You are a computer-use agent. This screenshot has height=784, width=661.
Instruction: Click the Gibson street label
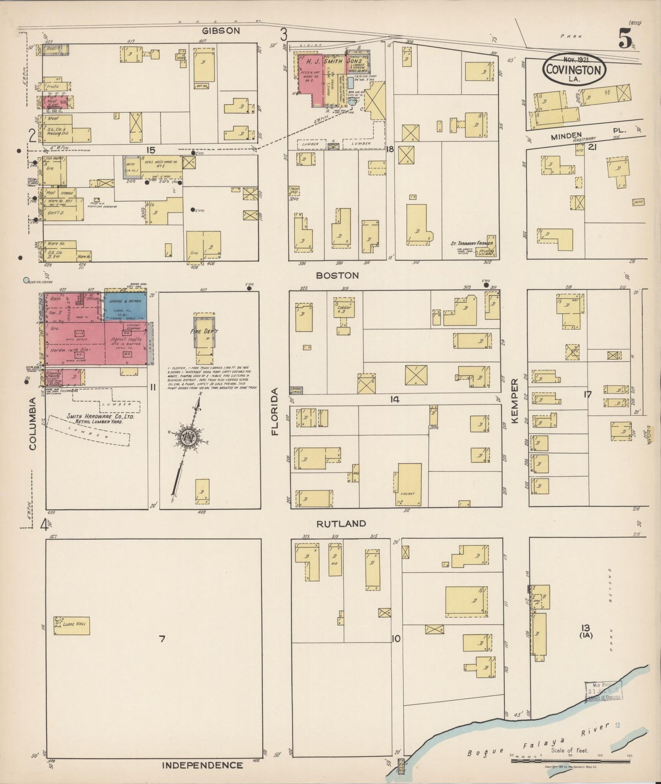pyautogui.click(x=221, y=31)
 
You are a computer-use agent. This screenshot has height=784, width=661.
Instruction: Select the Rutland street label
pyautogui.click(x=341, y=523)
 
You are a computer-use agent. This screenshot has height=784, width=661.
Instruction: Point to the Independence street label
pyautogui.click(x=203, y=765)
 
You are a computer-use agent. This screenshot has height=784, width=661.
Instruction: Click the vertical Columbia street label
pyautogui.click(x=33, y=424)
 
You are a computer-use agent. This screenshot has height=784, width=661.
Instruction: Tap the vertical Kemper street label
pyautogui.click(x=515, y=401)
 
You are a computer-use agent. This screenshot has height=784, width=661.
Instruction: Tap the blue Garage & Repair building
pyautogui.click(x=125, y=307)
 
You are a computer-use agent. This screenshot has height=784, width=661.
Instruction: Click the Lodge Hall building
pyautogui.click(x=72, y=625)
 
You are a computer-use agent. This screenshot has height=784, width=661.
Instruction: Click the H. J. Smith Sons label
pyautogui.click(x=334, y=61)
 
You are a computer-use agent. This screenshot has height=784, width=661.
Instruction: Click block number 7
pyautogui.click(x=161, y=639)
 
